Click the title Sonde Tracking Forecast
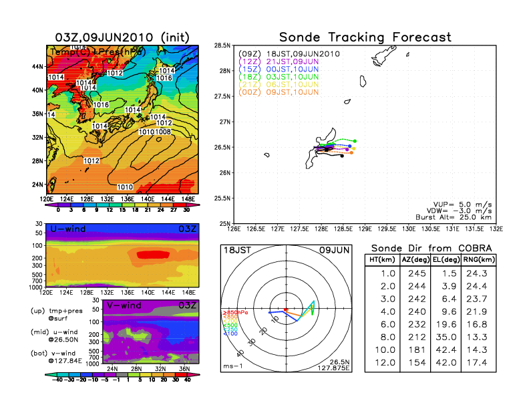point(365,37)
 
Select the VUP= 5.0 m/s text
point(462,202)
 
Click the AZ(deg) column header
point(415,261)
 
